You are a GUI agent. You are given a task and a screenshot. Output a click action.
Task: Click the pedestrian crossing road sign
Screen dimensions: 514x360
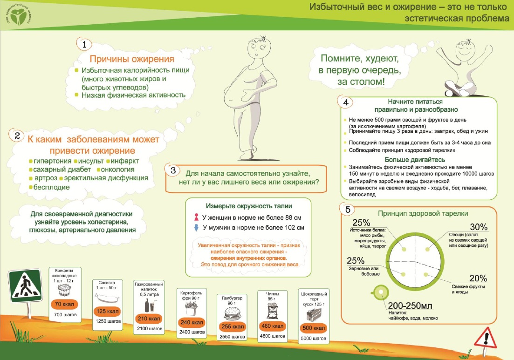25,286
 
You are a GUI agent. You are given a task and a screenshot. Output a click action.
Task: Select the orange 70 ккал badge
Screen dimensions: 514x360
64,304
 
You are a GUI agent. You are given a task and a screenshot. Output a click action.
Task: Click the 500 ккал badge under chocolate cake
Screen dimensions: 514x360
313,328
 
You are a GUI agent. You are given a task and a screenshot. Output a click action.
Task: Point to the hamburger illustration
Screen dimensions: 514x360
232,313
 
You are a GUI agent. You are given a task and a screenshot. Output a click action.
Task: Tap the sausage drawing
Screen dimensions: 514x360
107,298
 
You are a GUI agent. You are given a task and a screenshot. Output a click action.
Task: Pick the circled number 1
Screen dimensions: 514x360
84,44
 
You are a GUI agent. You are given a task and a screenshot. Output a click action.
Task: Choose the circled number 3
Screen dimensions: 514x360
173,170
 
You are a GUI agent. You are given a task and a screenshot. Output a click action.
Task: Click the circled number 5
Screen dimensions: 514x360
348,210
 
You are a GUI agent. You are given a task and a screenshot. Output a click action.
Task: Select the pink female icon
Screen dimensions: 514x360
196,217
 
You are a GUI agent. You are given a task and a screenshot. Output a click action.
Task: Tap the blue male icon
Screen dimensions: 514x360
196,227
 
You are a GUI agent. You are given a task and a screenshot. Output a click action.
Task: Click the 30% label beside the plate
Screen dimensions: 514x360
479,227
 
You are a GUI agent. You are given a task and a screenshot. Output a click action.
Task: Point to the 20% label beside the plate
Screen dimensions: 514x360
478,278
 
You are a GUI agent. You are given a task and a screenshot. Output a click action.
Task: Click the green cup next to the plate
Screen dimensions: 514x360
380,292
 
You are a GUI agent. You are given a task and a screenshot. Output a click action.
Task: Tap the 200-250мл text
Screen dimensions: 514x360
410,306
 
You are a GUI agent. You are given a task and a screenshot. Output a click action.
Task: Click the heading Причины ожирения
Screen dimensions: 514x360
132,59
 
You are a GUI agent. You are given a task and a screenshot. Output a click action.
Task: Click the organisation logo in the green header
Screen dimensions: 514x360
19,15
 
